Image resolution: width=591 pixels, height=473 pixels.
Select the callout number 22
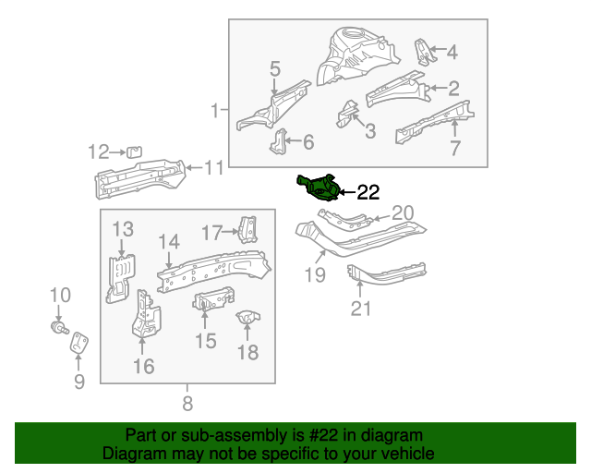coord(368,192)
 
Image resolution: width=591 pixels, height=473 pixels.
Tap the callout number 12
coord(98,152)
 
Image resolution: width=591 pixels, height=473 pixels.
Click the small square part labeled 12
coord(133,152)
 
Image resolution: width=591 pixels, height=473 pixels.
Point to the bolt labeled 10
coord(60,326)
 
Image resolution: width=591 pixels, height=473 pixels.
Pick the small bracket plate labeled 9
coord(79,342)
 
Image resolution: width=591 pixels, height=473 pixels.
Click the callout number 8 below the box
coord(187,403)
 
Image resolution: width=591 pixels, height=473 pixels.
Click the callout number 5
coord(274,67)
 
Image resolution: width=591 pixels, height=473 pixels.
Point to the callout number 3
coord(369,131)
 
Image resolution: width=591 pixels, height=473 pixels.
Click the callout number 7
coord(454,148)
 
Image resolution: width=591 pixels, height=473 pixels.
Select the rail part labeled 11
coord(139,175)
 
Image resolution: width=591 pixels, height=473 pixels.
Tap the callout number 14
coord(167,242)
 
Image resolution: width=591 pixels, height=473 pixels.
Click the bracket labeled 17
coord(246,229)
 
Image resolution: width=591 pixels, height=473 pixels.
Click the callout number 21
coord(360,308)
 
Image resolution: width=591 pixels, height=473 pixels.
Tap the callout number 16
coord(143,368)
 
